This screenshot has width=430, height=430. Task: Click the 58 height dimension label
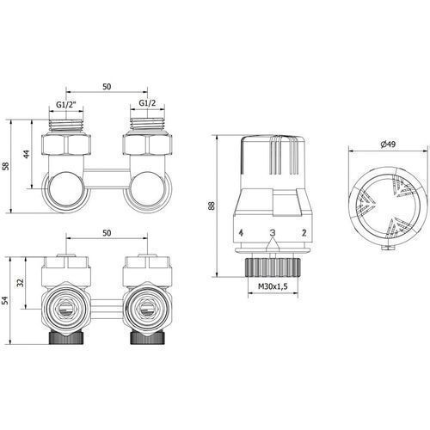tap(6, 166)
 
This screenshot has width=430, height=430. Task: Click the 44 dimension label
tap(27, 154)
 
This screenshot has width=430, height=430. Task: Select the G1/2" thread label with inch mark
tap(65, 105)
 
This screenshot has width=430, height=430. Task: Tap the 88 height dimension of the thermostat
tap(212, 206)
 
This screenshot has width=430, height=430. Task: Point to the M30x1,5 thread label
tap(273, 286)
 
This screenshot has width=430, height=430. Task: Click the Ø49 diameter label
tap(388, 144)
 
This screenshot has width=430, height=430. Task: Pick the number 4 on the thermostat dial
tap(241, 232)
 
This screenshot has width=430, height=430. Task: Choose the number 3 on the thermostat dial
tap(273, 232)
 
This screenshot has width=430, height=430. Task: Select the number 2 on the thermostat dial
tap(304, 232)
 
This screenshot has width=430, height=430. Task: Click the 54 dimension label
tap(6, 300)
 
